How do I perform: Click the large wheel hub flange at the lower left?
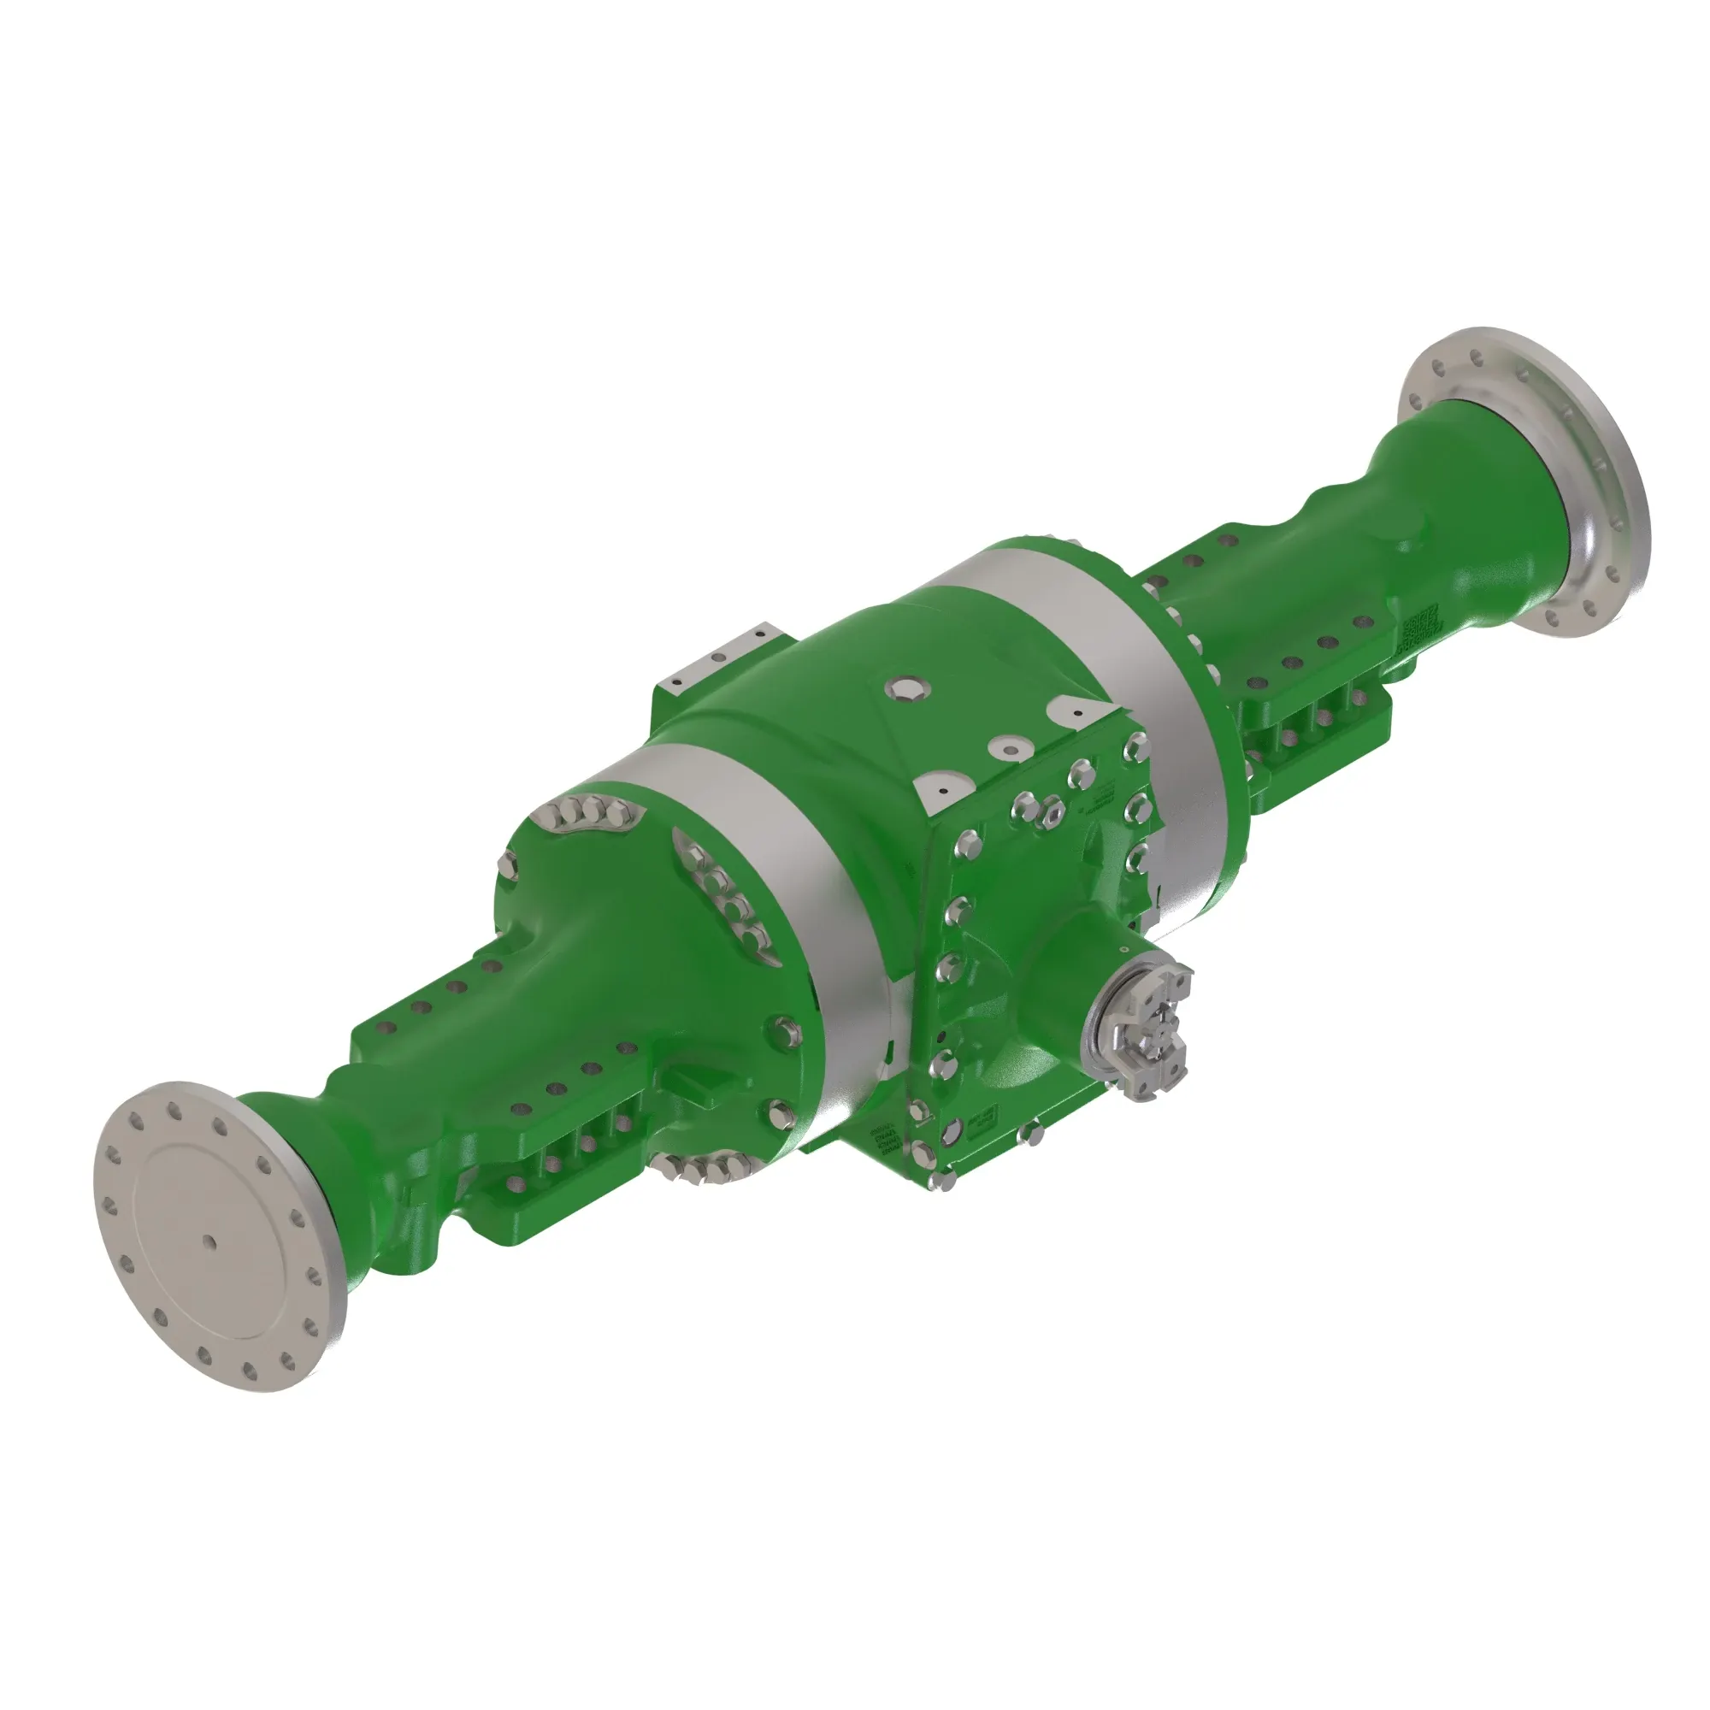[x=217, y=1235]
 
